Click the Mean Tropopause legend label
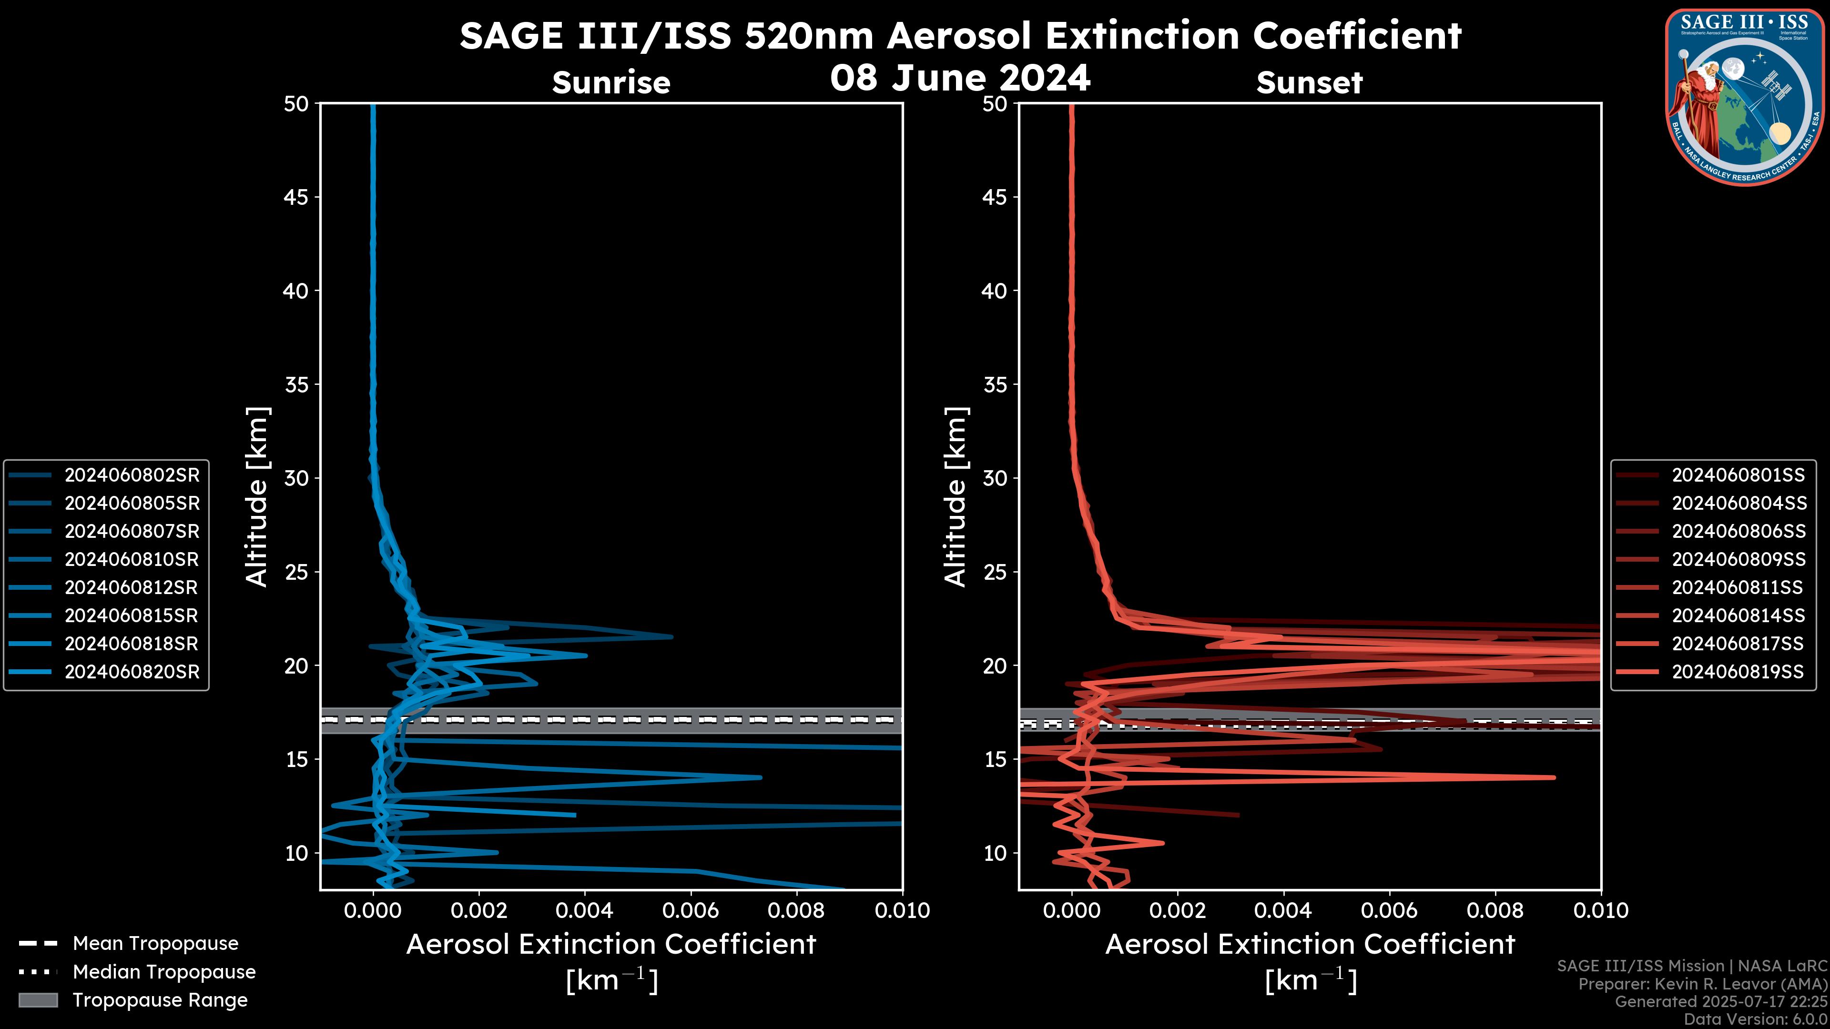[155, 943]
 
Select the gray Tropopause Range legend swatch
[38, 1000]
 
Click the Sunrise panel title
[611, 82]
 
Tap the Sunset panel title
[1309, 82]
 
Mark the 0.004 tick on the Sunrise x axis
[585, 910]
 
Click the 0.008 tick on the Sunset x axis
[1495, 910]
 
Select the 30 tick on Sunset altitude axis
[995, 478]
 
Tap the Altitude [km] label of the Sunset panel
[956, 496]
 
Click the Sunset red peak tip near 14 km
[1554, 777]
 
